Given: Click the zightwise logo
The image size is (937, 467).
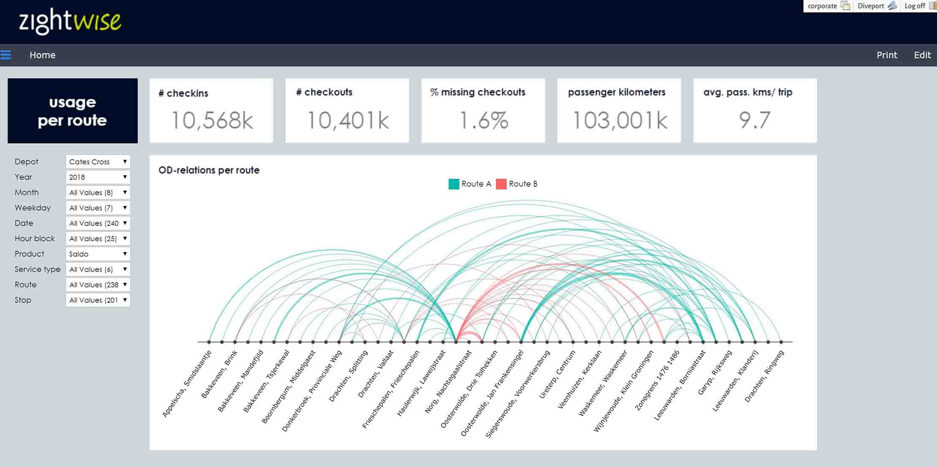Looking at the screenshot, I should [70, 21].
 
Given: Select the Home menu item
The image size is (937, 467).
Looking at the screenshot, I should [42, 55].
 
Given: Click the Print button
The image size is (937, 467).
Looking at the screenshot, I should [886, 55].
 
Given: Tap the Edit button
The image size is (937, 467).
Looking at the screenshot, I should [922, 55].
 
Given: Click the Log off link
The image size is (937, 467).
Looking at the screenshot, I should [915, 6].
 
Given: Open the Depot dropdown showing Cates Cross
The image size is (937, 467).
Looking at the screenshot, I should [98, 162].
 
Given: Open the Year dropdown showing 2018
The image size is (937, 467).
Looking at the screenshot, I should [98, 177].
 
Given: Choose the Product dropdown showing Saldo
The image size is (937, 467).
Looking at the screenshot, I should [98, 254].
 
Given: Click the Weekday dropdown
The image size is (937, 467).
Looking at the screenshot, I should [98, 208].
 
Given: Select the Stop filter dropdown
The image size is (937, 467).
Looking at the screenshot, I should [98, 300].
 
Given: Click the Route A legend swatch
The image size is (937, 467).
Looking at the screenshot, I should [454, 184].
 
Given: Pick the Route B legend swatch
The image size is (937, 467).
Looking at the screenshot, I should [501, 184].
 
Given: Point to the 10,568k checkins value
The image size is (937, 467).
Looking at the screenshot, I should [212, 120].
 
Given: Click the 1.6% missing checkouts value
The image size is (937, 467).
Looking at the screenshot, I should [483, 120].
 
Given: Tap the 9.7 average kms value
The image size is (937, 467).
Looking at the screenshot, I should [755, 120].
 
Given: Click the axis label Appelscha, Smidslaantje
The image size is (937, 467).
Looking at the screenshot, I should [187, 384].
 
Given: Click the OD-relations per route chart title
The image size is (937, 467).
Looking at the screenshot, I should [209, 170].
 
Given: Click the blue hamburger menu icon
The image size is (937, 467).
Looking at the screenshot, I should [6, 55].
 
